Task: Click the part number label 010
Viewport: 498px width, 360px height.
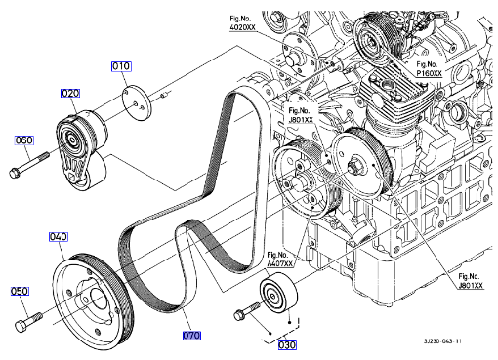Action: click(121, 66)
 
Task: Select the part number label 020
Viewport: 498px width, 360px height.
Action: click(70, 94)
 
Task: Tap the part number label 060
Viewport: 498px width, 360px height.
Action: click(24, 140)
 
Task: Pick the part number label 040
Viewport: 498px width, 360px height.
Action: click(59, 237)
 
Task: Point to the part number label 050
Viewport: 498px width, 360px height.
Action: click(20, 291)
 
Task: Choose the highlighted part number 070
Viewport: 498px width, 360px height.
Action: click(191, 336)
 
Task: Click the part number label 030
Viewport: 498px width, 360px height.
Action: click(287, 345)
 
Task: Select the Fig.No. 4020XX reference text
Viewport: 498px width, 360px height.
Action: click(243, 23)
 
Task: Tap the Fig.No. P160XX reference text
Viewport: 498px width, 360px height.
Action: click(430, 69)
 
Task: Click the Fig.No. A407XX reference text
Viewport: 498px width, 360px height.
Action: click(280, 260)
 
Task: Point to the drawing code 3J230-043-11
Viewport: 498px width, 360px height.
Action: click(442, 341)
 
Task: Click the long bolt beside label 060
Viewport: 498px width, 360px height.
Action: click(28, 165)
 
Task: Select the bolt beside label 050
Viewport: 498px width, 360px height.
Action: click(28, 321)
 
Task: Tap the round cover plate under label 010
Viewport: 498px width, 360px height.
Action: click(137, 102)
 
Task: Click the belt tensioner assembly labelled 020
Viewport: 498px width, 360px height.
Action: click(81, 149)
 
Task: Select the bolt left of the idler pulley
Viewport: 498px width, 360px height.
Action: click(247, 310)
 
